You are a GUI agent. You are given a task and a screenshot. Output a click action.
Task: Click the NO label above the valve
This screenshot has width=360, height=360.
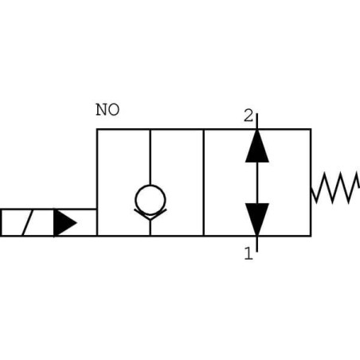pos(108,110)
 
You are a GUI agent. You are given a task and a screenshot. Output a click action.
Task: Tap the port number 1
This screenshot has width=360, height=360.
pos(248,254)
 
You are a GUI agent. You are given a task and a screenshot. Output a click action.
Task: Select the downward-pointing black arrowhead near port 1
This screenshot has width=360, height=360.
pos(256,219)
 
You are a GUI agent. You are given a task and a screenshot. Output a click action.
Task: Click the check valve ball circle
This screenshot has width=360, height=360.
pos(150,197)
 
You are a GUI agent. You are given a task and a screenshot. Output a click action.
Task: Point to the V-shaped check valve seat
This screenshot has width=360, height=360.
pos(150,214)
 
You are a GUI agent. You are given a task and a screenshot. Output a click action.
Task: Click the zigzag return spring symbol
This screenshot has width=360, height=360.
pos(335,188)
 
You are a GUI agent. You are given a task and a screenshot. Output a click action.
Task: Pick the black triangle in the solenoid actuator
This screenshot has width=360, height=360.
pos(65,223)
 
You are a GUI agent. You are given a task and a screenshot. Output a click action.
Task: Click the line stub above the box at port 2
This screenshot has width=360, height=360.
pos(256,120)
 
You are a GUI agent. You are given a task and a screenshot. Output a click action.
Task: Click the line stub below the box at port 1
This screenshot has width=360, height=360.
pos(256,243)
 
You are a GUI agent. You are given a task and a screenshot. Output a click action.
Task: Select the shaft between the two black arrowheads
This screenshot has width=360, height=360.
pos(256,182)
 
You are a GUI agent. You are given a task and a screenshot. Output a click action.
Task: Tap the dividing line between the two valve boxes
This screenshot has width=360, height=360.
pos(204,182)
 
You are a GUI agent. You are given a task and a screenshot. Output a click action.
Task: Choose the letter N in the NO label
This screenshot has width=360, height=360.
pos(102,110)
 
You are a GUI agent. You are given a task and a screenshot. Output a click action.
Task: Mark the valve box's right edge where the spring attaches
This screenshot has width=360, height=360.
pos(310,188)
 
